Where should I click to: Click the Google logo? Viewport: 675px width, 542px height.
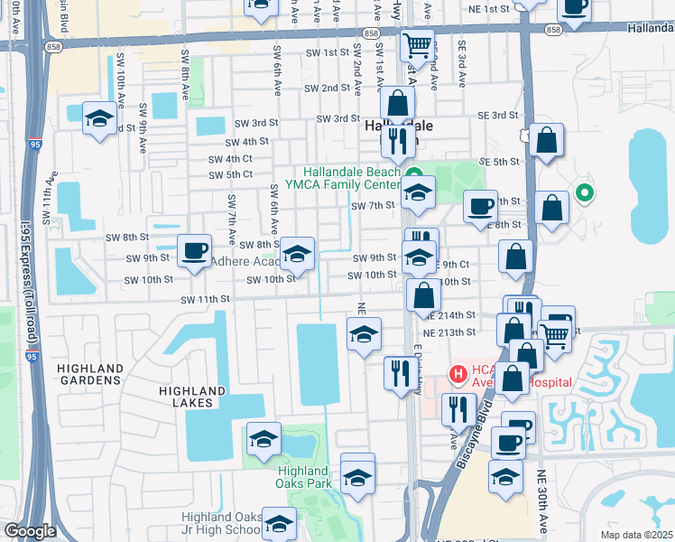pos(30,531)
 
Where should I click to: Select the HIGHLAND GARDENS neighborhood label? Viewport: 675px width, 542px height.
pos(89,374)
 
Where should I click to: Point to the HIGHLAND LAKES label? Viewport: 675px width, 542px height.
pos(191,397)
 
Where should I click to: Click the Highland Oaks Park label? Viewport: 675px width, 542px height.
pos(302,477)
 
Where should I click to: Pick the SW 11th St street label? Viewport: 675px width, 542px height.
pos(206,299)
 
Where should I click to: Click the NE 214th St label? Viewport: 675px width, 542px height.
pos(449,315)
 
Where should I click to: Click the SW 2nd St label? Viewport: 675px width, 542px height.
pos(327,89)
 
